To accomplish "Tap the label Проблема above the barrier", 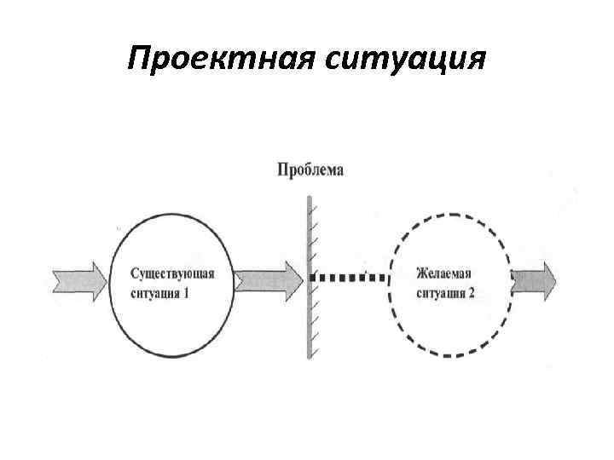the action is (310, 170).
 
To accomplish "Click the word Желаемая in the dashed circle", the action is (443, 273).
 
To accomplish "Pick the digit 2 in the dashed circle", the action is (471, 295).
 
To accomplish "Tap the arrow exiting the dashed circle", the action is (533, 278).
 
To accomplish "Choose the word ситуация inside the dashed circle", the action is (440, 295).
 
